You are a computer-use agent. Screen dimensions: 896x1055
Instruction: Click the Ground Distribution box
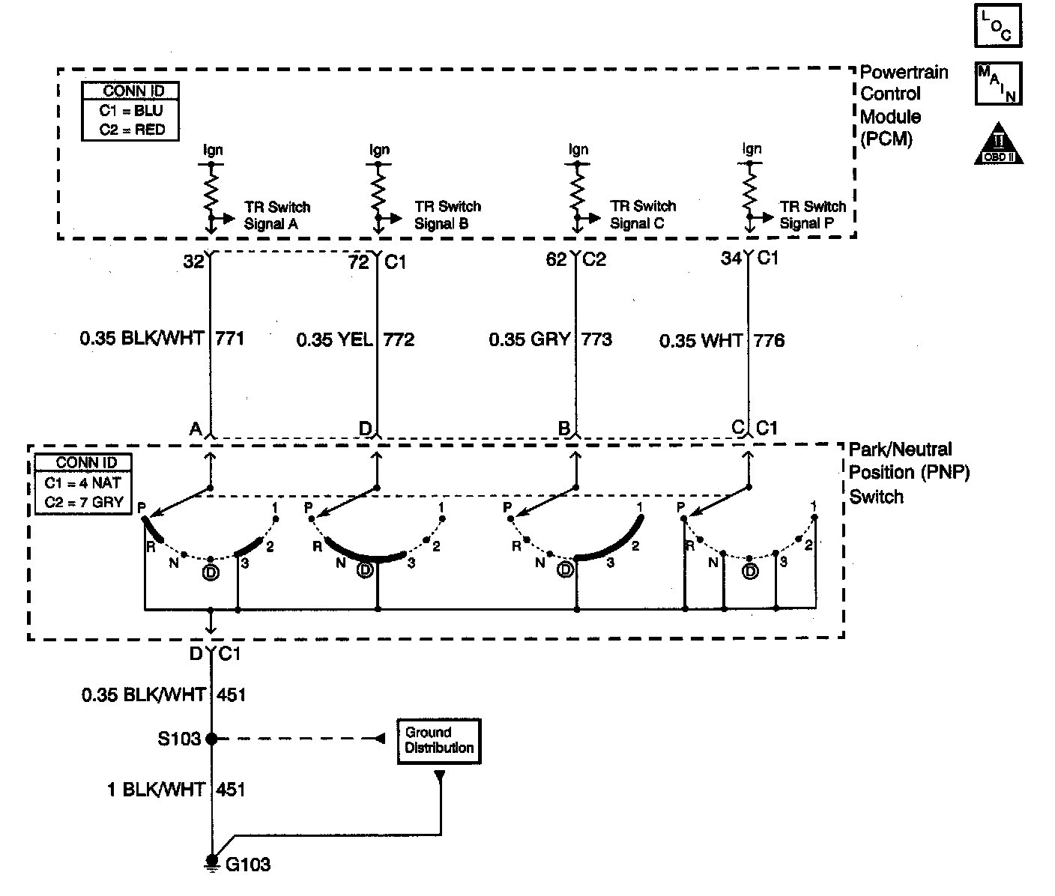tap(438, 741)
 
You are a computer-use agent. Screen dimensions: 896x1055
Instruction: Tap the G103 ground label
tap(248, 865)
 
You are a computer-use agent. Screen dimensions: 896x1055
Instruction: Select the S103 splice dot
tap(211, 739)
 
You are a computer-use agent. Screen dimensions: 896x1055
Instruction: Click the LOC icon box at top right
tap(997, 26)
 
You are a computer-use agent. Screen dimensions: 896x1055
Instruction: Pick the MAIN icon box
tap(997, 83)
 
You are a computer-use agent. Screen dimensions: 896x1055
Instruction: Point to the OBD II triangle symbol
tap(998, 144)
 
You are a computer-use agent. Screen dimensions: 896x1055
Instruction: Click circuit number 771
tap(230, 339)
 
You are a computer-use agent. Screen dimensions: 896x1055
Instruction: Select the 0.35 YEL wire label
tap(334, 340)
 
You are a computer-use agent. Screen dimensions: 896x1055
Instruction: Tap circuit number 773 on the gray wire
tap(596, 340)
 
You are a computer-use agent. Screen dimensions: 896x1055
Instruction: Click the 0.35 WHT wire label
tap(701, 341)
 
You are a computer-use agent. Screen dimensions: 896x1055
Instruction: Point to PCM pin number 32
tap(194, 261)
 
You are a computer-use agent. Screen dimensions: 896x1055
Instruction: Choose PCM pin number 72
tap(359, 261)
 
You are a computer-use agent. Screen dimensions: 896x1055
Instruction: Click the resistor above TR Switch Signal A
tap(211, 192)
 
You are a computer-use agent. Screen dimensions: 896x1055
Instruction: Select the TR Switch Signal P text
tap(812, 215)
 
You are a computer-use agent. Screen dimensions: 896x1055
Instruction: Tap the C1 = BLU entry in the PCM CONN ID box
tap(131, 110)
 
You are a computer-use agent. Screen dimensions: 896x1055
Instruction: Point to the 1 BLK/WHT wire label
tap(156, 790)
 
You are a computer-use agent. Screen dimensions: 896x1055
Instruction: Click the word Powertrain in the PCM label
tap(904, 73)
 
